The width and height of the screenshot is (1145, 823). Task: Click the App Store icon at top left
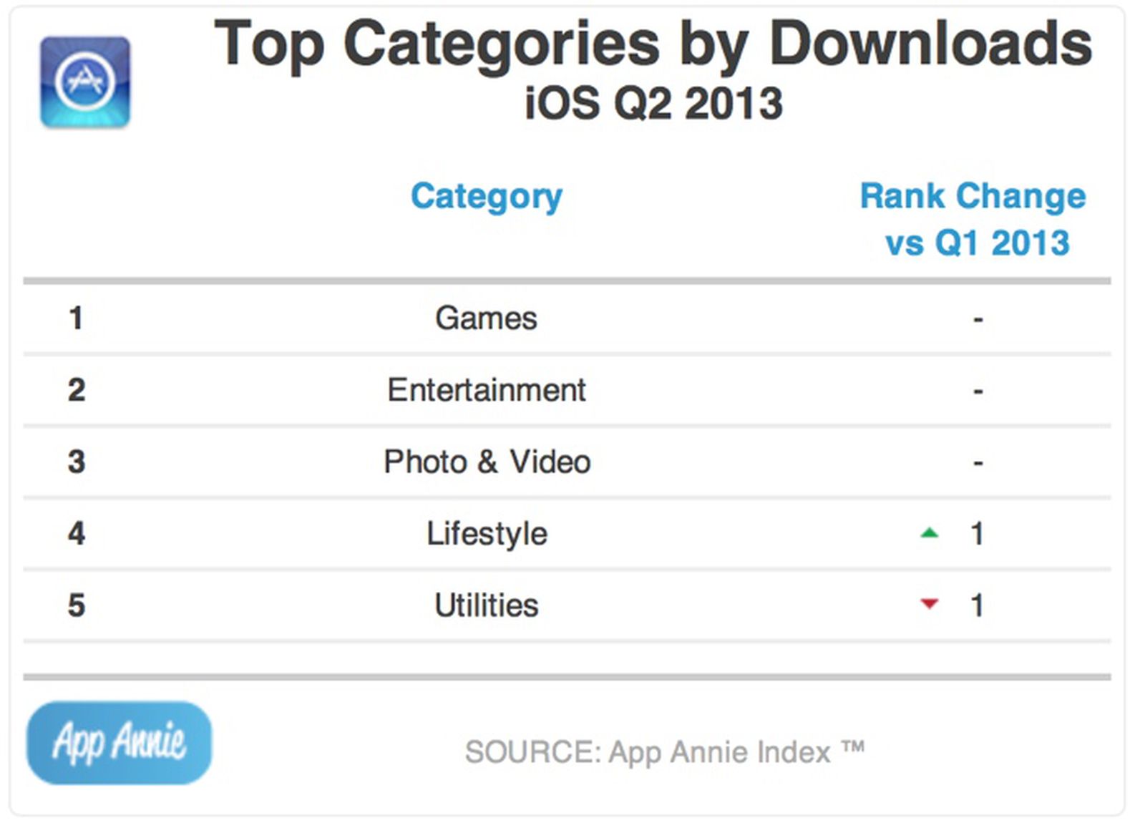pos(85,82)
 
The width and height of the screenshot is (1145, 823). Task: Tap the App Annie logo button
pos(120,742)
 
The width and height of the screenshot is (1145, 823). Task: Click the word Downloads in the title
pos(930,44)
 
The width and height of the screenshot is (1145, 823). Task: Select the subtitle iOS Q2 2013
pos(653,104)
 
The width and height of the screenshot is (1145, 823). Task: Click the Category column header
pos(487,196)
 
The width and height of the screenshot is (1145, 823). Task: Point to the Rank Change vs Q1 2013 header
pos(973,218)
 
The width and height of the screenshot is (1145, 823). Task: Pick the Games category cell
pos(486,318)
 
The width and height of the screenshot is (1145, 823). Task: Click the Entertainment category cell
pos(486,390)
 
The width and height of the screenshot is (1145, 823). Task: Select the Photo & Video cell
pos(487,462)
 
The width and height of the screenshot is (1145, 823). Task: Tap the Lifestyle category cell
pos(487,534)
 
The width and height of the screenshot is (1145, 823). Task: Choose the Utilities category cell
pos(486,605)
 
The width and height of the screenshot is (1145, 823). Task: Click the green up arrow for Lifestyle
pos(929,532)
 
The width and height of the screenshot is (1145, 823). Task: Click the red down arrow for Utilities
pos(929,604)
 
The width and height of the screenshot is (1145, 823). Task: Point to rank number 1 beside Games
pos(76,318)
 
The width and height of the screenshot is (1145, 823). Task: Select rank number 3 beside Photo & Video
pos(76,462)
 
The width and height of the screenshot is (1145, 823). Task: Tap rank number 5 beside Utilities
pos(76,605)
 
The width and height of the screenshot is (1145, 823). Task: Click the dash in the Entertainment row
pos(978,391)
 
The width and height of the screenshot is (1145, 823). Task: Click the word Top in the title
pos(269,44)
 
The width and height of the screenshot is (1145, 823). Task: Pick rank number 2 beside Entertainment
pos(76,390)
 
